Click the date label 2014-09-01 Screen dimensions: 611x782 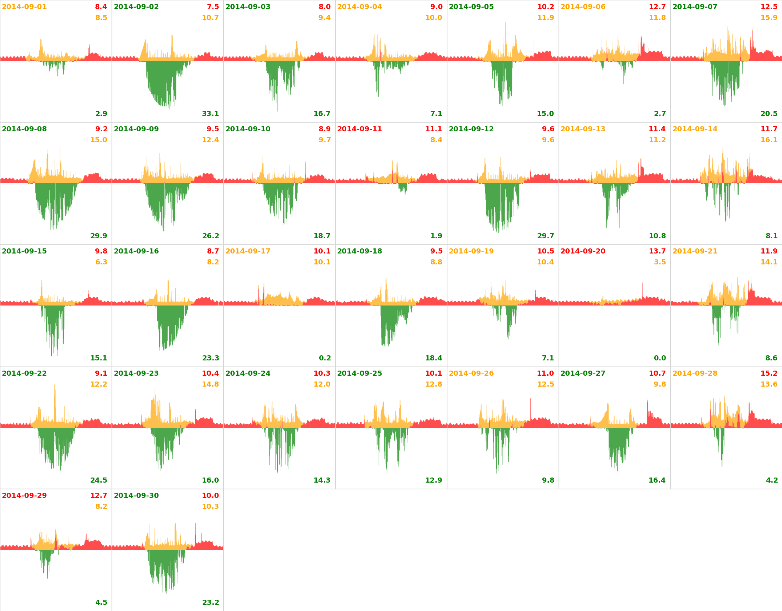pyautogui.click(x=24, y=7)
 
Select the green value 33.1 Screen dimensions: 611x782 pyautogui.click(x=210, y=114)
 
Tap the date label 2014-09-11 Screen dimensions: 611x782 pyautogui.click(x=359, y=129)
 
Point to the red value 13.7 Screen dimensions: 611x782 pyautogui.click(x=657, y=251)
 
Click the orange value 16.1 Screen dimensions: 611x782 pyautogui.click(x=769, y=140)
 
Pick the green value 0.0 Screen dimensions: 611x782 pyautogui.click(x=660, y=358)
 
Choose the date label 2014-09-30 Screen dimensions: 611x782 pyautogui.click(x=136, y=496)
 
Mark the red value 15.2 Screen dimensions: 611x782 pyautogui.click(x=769, y=374)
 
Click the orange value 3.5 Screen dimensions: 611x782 pyautogui.click(x=660, y=262)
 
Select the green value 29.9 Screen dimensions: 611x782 pyautogui.click(x=99, y=236)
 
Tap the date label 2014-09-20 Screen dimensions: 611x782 pyautogui.click(x=583, y=251)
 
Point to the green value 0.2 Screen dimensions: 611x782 pyautogui.click(x=325, y=358)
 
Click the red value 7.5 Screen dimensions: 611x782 pyautogui.click(x=213, y=7)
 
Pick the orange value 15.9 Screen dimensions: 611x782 pyautogui.click(x=769, y=18)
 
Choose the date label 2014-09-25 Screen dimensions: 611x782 pyautogui.click(x=359, y=374)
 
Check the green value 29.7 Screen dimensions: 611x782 pyautogui.click(x=546, y=236)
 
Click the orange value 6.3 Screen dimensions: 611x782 pyautogui.click(x=101, y=262)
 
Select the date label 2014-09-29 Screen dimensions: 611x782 pyautogui.click(x=24, y=496)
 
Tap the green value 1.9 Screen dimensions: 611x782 pyautogui.click(x=436, y=236)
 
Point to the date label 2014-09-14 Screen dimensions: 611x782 pyautogui.click(x=695, y=129)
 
